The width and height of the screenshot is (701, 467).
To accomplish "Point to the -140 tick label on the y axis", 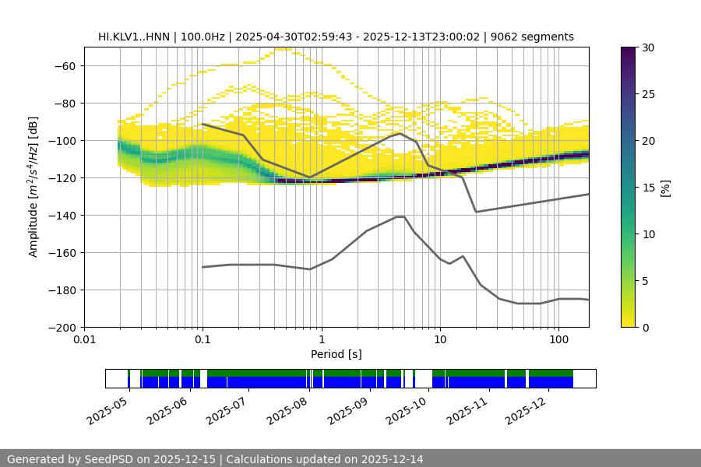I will coord(62,215).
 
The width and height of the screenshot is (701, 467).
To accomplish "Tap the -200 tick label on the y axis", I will coord(62,327).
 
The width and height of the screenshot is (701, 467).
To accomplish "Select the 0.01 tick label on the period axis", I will coord(84,340).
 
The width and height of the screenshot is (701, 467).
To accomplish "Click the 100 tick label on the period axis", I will coord(558,340).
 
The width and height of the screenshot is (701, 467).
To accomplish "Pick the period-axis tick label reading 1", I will coord(321,340).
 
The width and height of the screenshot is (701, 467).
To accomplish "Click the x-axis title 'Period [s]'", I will coord(336,354).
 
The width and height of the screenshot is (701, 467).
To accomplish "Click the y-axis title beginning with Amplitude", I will coord(33,187).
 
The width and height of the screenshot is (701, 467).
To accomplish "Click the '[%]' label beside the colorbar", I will coord(664,188).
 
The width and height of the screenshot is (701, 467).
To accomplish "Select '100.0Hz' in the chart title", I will coord(205,37).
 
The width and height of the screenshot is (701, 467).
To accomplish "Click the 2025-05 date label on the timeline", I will coord(107,410).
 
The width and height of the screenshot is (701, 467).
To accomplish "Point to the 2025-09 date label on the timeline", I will coord(347,410).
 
